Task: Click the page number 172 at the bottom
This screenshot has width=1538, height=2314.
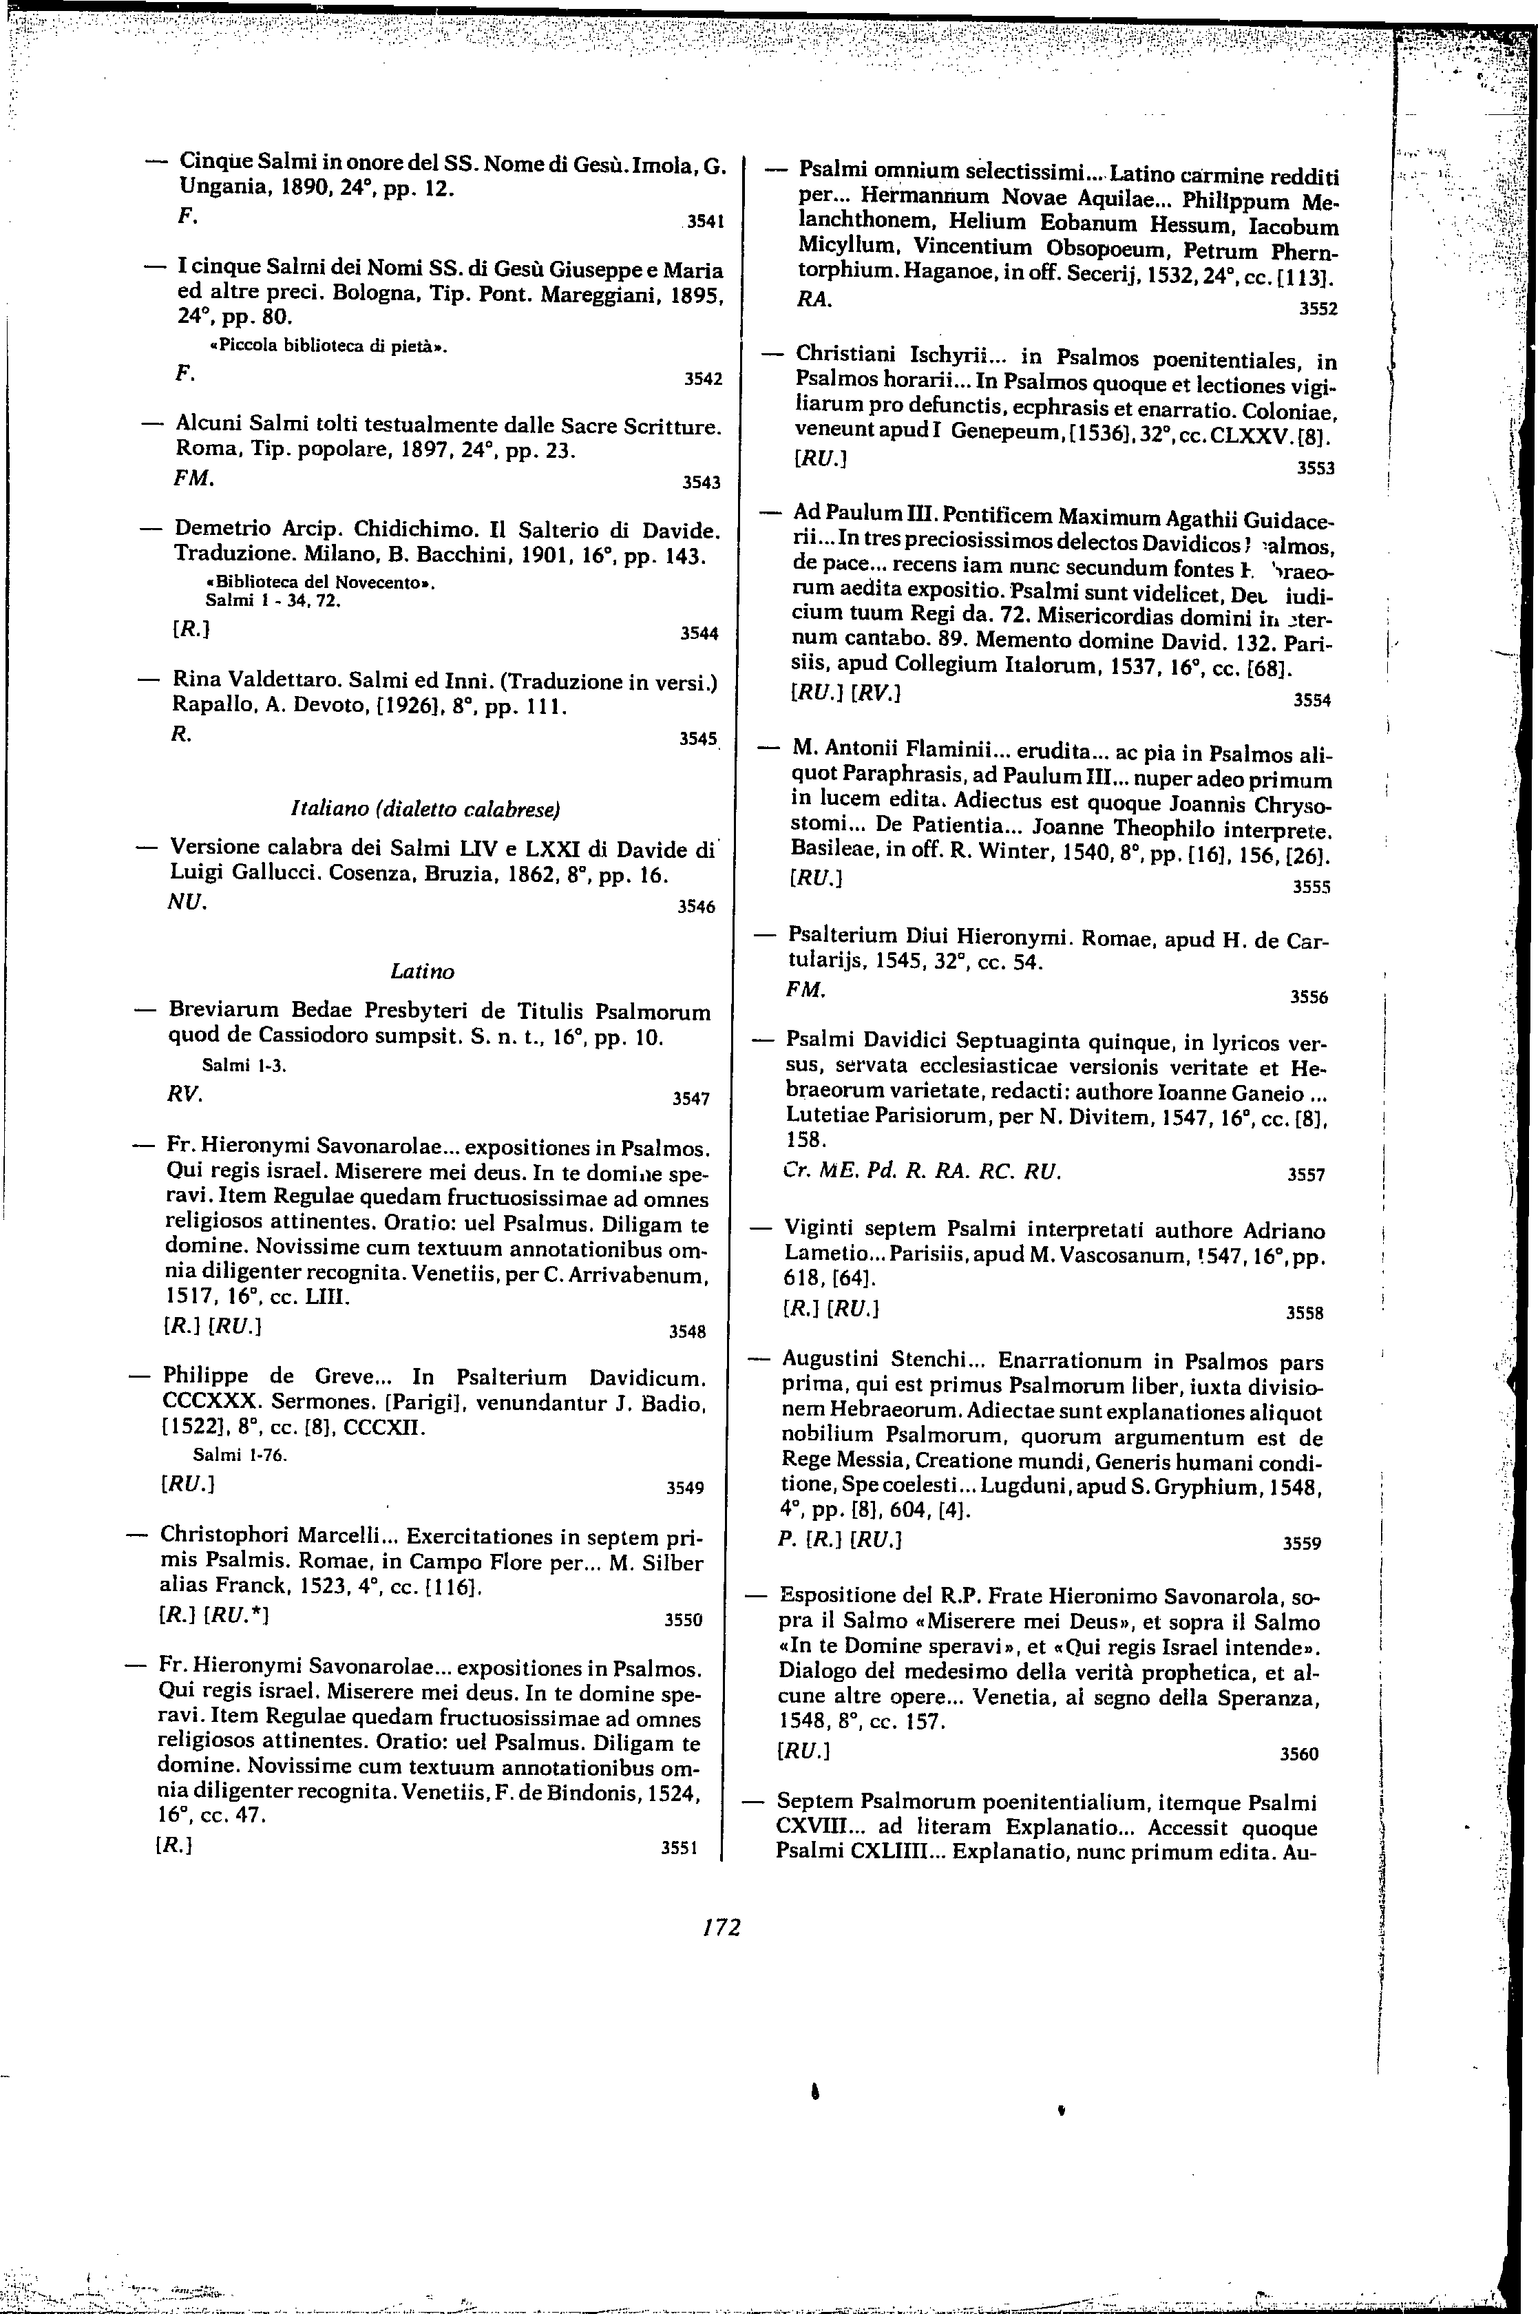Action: pyautogui.click(x=721, y=1928)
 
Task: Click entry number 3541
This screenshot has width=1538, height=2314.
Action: pyautogui.click(x=705, y=222)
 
